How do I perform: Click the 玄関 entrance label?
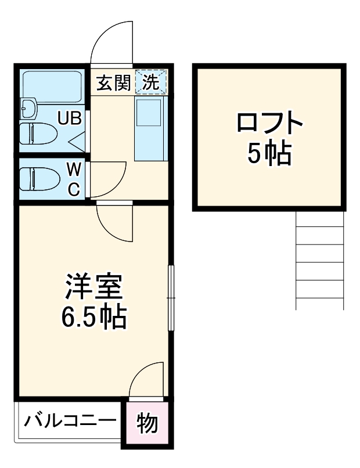click(x=113, y=83)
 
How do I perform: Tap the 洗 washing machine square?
click(x=150, y=82)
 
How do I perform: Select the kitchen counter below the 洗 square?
click(x=150, y=128)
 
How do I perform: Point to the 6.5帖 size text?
click(x=93, y=316)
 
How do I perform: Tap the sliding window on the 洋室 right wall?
click(x=171, y=298)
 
